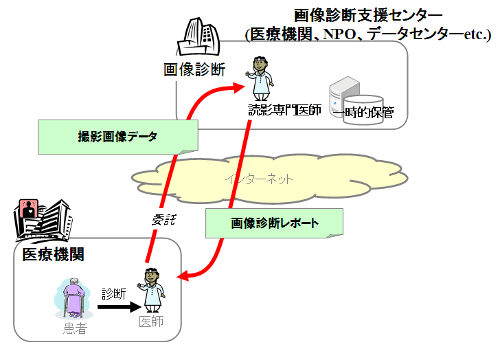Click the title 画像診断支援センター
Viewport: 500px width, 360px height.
click(x=368, y=15)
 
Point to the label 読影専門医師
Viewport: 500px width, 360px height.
click(x=284, y=111)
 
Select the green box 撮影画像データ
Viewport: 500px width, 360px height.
click(x=117, y=137)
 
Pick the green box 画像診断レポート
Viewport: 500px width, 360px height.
click(x=274, y=224)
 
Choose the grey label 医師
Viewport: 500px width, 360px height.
click(x=151, y=322)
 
